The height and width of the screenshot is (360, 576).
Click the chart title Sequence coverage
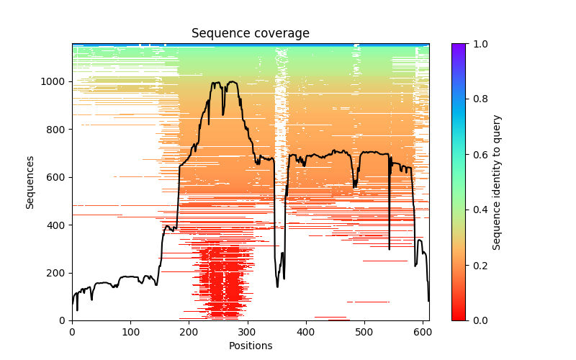tap(250, 33)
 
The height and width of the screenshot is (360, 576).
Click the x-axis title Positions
tap(250, 346)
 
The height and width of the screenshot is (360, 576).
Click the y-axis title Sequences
tap(30, 182)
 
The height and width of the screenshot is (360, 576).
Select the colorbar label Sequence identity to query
tap(498, 182)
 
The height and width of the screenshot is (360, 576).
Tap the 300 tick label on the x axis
tap(247, 332)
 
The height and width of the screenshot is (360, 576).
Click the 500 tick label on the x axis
tap(364, 332)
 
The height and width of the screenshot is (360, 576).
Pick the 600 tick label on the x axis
tap(422, 332)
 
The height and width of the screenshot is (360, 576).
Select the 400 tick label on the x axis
tap(305, 332)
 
